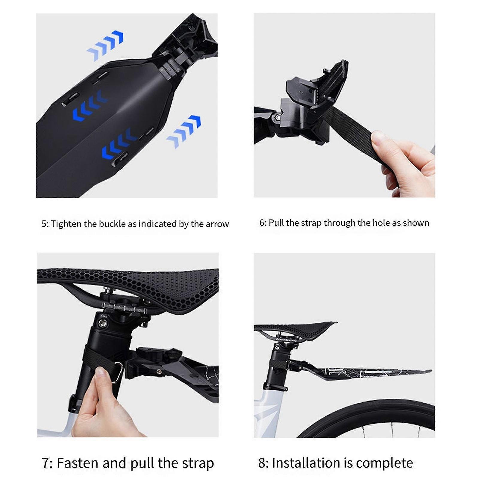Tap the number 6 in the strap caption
(262, 223)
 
